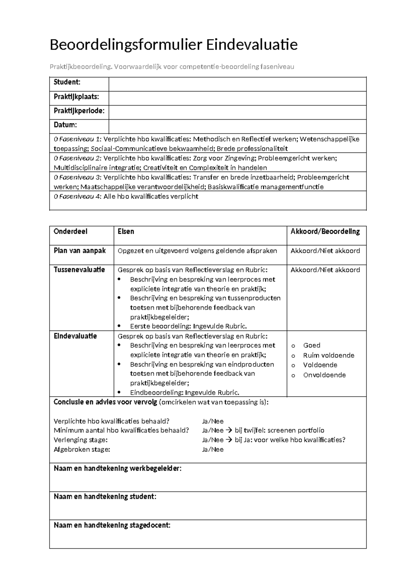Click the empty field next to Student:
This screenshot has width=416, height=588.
tap(237, 84)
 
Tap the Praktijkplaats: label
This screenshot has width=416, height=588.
tap(76, 97)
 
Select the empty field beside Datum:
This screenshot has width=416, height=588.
tap(237, 126)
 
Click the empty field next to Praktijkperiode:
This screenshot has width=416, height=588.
tap(237, 112)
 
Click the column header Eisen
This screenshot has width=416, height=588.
tap(126, 232)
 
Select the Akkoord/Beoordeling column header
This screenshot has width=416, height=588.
tap(325, 232)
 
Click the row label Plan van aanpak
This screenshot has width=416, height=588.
tap(79, 251)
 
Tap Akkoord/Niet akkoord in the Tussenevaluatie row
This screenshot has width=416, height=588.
tap(325, 270)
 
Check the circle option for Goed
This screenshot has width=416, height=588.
tap(293, 346)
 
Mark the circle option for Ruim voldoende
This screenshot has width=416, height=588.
tap(293, 356)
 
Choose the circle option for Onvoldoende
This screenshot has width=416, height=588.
tap(293, 375)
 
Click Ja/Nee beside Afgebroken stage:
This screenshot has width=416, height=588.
tap(213, 450)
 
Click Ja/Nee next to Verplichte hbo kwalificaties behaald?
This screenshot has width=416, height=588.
tap(213, 421)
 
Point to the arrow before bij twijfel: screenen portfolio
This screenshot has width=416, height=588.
tap(229, 431)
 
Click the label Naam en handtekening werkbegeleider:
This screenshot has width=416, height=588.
tap(117, 469)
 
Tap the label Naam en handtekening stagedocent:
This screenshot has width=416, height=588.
tap(112, 525)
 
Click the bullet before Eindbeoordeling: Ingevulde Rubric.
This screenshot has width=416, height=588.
tap(120, 393)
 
